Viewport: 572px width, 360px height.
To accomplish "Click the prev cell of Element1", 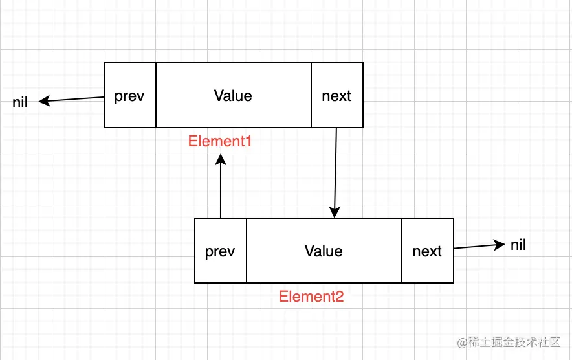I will pyautogui.click(x=130, y=96).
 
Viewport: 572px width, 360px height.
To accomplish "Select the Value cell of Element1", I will pyautogui.click(x=233, y=96).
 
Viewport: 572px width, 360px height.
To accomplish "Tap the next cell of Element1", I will pyautogui.click(x=336, y=96).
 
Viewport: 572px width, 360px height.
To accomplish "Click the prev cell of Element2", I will pyautogui.click(x=221, y=251).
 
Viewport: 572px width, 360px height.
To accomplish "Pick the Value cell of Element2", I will pyautogui.click(x=324, y=251).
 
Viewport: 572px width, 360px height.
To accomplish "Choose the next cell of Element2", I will pyautogui.click(x=427, y=251).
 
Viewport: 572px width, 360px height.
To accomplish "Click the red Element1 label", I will pyautogui.click(x=220, y=141).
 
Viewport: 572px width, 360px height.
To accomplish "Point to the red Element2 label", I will pyautogui.click(x=311, y=297).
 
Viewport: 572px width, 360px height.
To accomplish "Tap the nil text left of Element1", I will pyautogui.click(x=20, y=102).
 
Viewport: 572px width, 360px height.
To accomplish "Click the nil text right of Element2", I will pyautogui.click(x=518, y=245).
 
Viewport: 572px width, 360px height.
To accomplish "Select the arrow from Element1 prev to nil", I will pyautogui.click(x=71, y=100).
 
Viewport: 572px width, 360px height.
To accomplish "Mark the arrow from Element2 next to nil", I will pyautogui.click(x=479, y=246).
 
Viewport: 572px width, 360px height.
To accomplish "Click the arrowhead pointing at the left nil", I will pyautogui.click(x=44, y=101).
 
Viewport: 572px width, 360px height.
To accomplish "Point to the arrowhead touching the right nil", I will pyautogui.click(x=500, y=244).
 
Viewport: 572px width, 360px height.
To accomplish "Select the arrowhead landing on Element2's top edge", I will pyautogui.click(x=335, y=212).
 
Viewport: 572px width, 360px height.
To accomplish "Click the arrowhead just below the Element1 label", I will pyautogui.click(x=221, y=159).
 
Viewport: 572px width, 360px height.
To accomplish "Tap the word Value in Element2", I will pyautogui.click(x=324, y=251).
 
